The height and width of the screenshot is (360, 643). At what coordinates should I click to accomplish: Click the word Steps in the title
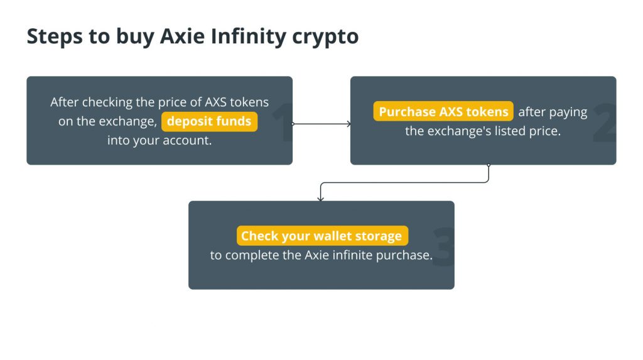click(55, 36)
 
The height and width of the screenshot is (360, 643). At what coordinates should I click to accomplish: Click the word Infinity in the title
click(248, 36)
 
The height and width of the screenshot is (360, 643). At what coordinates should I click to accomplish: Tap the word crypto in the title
click(325, 37)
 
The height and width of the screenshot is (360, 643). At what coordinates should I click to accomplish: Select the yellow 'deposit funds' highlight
click(209, 121)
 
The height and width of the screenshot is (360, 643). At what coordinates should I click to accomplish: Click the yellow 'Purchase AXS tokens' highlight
click(443, 112)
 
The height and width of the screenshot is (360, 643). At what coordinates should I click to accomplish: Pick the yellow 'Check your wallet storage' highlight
click(322, 236)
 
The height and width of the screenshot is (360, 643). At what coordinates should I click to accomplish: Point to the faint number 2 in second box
click(605, 123)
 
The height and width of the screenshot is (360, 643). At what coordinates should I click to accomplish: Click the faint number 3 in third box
click(444, 247)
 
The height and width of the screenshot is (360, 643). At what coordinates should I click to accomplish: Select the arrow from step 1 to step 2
click(321, 124)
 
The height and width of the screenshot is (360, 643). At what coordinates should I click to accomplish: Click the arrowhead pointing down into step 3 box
click(321, 199)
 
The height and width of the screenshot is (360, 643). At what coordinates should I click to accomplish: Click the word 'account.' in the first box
click(187, 140)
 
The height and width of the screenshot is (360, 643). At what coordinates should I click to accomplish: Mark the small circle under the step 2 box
click(489, 165)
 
